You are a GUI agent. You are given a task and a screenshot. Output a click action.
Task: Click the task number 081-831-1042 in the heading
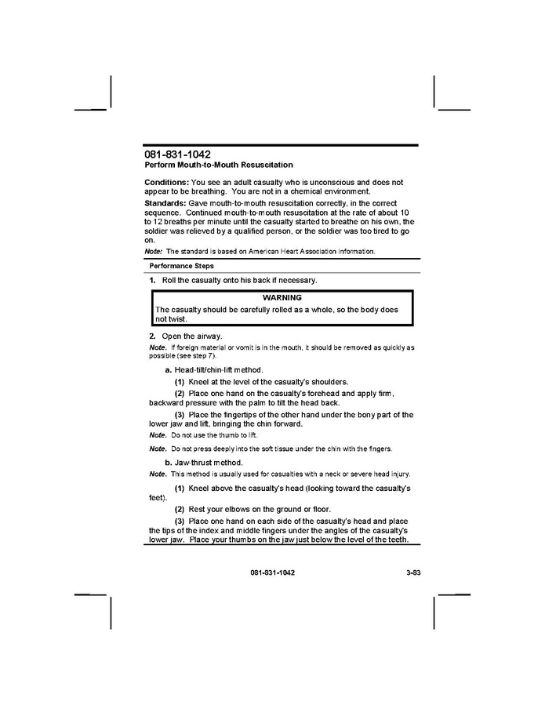pyautogui.click(x=177, y=154)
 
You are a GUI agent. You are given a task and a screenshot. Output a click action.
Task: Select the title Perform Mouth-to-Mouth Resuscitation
pyautogui.click(x=219, y=165)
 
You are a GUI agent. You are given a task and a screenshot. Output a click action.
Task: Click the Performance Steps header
pyautogui.click(x=181, y=266)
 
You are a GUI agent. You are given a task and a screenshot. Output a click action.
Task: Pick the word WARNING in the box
pyautogui.click(x=282, y=298)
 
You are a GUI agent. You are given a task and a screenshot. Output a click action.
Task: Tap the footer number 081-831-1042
pyautogui.click(x=273, y=573)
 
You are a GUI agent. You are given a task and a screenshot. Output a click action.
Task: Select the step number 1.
pyautogui.click(x=152, y=280)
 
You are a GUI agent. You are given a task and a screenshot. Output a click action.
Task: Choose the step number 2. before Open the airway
pyautogui.click(x=152, y=336)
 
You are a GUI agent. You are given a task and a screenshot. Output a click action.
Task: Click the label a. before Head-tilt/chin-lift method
pyautogui.click(x=168, y=369)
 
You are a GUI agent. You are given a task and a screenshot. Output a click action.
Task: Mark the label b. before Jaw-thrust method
pyautogui.click(x=168, y=463)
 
